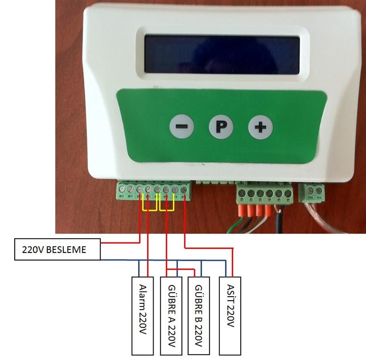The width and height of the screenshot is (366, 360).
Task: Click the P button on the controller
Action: tap(221, 127)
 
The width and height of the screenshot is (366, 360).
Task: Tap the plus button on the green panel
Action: tap(260, 127)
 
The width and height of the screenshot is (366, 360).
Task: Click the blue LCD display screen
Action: tap(222, 55)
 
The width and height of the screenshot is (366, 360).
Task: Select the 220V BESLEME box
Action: tap(57, 249)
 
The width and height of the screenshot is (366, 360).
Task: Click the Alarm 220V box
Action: tap(142, 316)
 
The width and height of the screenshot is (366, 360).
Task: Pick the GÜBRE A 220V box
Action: tap(171, 316)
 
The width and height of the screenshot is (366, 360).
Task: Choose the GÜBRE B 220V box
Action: tap(199, 316)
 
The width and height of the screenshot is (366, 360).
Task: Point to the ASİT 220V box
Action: tap(230, 316)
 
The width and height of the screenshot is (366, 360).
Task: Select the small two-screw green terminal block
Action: tap(311, 192)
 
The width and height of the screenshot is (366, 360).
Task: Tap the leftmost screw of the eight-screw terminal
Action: tap(122, 189)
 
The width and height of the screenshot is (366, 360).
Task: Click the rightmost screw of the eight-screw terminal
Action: tap(184, 190)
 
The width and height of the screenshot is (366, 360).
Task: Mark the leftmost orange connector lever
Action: tap(242, 210)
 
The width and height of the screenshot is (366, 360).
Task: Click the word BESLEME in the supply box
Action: tap(66, 250)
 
